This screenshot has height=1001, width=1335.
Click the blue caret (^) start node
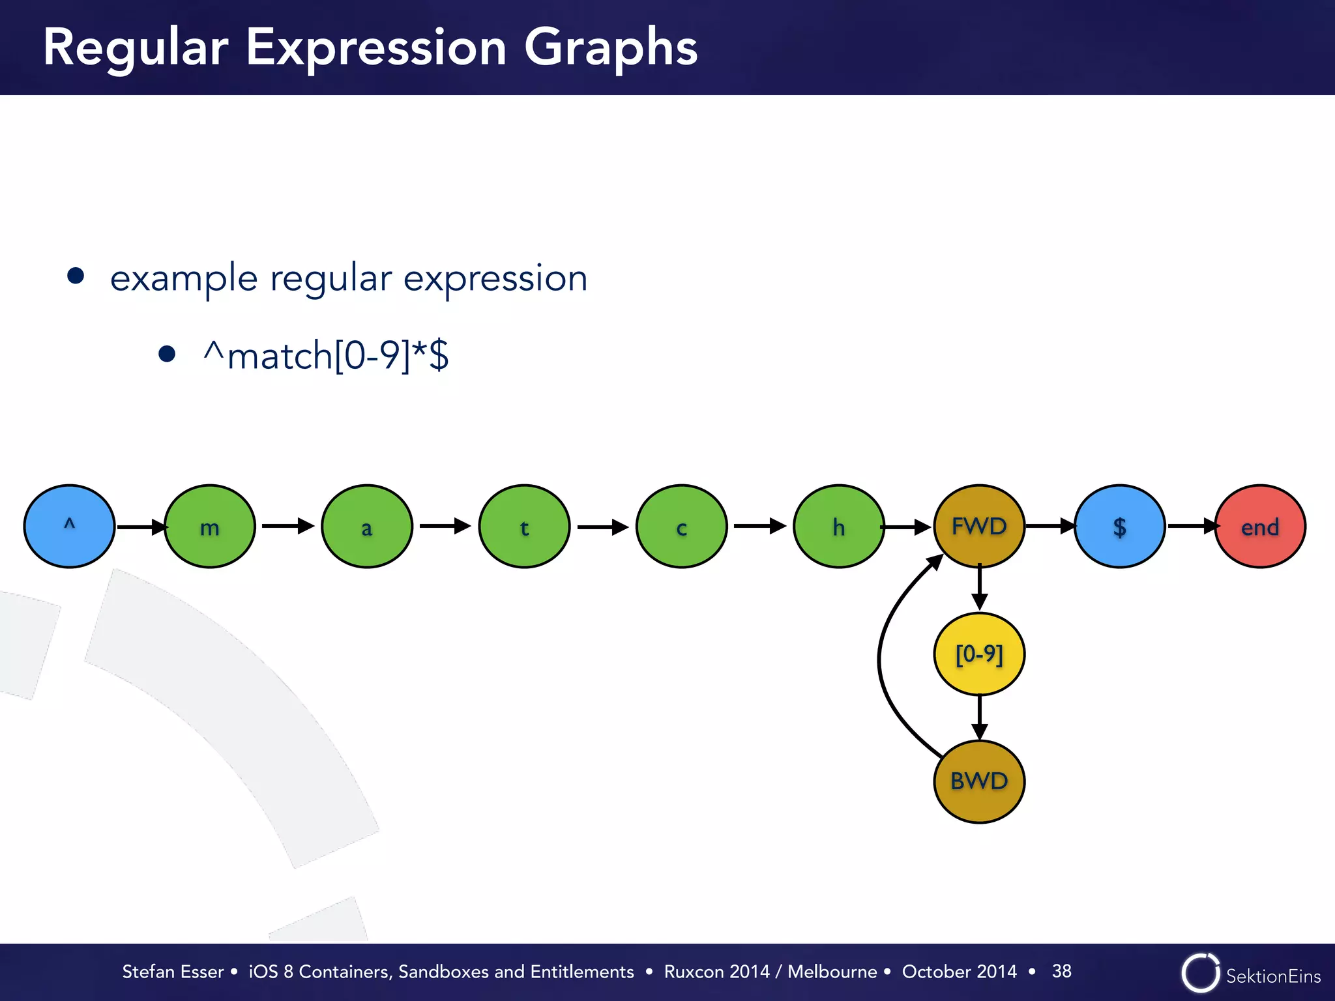tap(69, 526)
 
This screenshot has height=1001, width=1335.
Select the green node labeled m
tap(209, 526)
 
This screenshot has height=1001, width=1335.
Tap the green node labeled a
tap(367, 526)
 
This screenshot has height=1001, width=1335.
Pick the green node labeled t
tap(524, 526)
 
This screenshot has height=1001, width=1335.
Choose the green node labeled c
tap(681, 526)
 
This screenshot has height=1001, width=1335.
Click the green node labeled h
tap(839, 526)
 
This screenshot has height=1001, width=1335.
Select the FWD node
tap(979, 526)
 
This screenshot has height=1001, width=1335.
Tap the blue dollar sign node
tap(1119, 526)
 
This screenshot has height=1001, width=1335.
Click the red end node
tap(1260, 526)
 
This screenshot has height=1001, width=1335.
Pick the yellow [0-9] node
tap(979, 654)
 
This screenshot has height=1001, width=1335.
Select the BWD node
tap(979, 781)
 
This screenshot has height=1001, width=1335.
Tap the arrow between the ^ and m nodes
tap(140, 527)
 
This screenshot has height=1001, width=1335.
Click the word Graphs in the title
tap(611, 48)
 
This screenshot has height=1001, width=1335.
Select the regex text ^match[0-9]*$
tap(326, 355)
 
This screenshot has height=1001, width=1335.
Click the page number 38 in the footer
tap(1061, 971)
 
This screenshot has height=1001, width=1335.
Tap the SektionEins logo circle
tap(1200, 973)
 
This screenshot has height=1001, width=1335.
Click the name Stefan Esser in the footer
tap(173, 972)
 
